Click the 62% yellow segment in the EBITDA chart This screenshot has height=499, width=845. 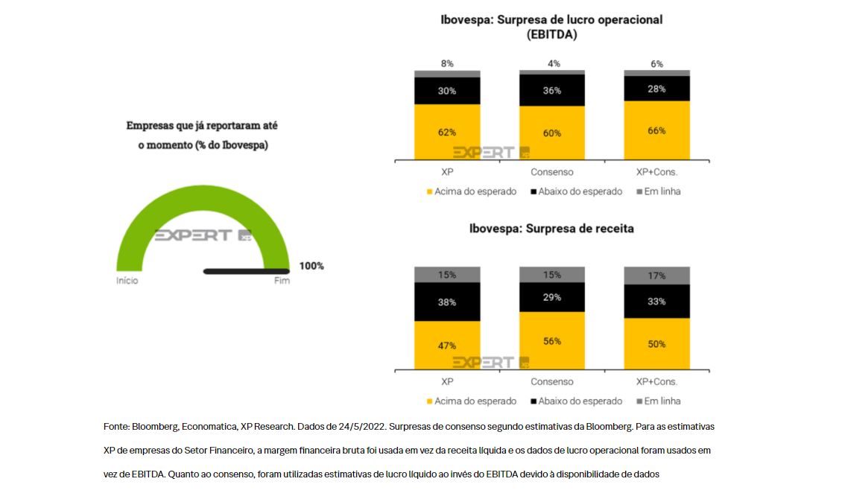[447, 132]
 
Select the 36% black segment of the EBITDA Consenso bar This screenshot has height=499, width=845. [551, 91]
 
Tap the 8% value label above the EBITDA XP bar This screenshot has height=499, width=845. [447, 64]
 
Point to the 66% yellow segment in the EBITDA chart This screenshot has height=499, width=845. [656, 130]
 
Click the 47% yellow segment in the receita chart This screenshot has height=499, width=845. [447, 345]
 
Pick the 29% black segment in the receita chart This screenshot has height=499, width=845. [551, 297]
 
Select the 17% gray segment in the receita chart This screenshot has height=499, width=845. [656, 276]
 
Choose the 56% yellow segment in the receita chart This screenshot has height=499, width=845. [551, 340]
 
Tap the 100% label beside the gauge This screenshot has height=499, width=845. [311, 266]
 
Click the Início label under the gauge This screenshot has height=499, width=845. [127, 281]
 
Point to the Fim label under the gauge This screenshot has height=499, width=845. [282, 281]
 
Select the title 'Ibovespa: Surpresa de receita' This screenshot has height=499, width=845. [551, 229]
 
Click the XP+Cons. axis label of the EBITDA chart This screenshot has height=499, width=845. [656, 172]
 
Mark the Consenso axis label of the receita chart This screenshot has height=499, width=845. [551, 382]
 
